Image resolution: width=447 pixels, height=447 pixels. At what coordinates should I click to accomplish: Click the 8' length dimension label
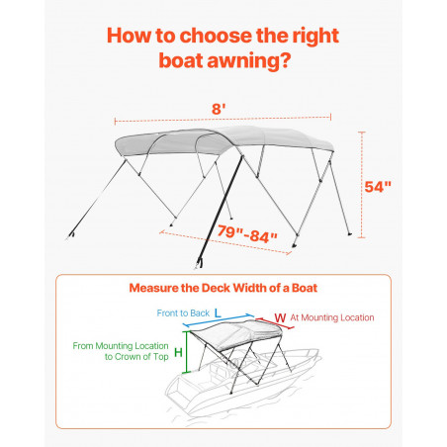click(219, 109)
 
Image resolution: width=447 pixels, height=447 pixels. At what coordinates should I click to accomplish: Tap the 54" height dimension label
click(378, 187)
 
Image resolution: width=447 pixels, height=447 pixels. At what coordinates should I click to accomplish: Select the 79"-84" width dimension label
click(247, 233)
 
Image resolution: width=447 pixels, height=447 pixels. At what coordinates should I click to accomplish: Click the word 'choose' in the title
click(217, 36)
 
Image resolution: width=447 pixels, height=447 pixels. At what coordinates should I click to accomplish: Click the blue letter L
click(218, 313)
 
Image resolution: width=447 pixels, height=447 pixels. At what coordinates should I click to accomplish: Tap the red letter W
click(280, 318)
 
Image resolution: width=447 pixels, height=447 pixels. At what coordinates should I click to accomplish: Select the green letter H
click(178, 353)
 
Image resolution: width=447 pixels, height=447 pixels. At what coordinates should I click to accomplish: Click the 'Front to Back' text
click(183, 313)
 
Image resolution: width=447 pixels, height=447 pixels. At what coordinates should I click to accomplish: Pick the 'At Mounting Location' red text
click(332, 317)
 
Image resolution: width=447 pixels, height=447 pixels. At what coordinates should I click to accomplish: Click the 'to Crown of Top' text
click(136, 357)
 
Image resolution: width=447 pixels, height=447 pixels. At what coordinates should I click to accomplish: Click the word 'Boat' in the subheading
click(305, 288)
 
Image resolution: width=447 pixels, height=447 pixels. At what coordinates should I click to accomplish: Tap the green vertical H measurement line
click(187, 352)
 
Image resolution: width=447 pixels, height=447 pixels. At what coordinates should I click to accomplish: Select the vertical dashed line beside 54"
click(362, 185)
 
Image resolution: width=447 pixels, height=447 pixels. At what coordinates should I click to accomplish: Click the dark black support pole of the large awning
click(220, 211)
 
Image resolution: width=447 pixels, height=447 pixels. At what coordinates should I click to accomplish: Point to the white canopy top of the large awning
click(224, 140)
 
